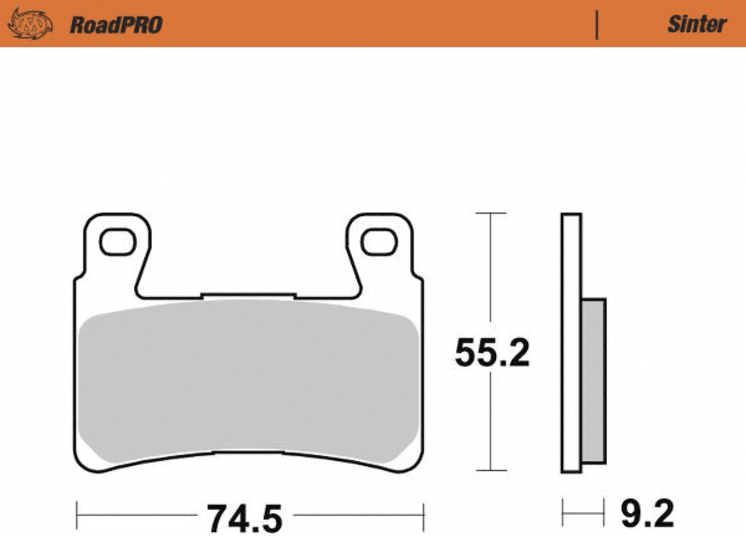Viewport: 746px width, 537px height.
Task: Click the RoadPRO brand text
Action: click(116, 25)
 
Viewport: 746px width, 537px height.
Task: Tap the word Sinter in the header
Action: click(697, 24)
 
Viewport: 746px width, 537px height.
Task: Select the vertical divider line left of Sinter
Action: click(597, 25)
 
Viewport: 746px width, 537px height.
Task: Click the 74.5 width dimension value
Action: click(244, 518)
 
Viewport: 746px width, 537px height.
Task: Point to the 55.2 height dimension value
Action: click(492, 353)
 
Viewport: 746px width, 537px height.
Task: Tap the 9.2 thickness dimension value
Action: click(647, 514)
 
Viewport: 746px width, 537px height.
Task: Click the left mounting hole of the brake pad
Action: click(118, 242)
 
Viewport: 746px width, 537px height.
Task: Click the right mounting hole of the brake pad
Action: click(379, 242)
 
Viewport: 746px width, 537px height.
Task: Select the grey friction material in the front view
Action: click(248, 382)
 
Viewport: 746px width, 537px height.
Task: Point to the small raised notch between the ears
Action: click(248, 296)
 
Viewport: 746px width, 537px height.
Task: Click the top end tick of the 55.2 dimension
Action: click(491, 213)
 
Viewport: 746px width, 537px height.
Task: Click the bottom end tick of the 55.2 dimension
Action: click(491, 470)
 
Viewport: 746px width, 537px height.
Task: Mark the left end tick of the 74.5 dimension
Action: click(77, 515)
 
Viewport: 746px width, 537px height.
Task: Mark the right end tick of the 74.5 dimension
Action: click(423, 515)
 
